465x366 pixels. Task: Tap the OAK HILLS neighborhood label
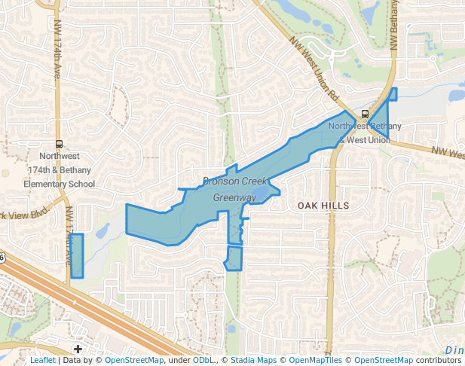pyautogui.click(x=323, y=206)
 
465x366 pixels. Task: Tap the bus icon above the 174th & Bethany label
pyautogui.click(x=60, y=144)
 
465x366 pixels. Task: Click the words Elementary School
pyautogui.click(x=60, y=184)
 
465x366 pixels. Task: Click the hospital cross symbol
pyautogui.click(x=78, y=349)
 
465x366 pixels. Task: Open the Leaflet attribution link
pyautogui.click(x=42, y=361)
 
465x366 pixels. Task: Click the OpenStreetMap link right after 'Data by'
pyautogui.click(x=133, y=361)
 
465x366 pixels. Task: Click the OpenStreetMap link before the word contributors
pyautogui.click(x=383, y=361)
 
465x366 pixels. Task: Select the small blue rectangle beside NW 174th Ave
pyautogui.click(x=76, y=255)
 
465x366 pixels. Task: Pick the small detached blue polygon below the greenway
pyautogui.click(x=234, y=258)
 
